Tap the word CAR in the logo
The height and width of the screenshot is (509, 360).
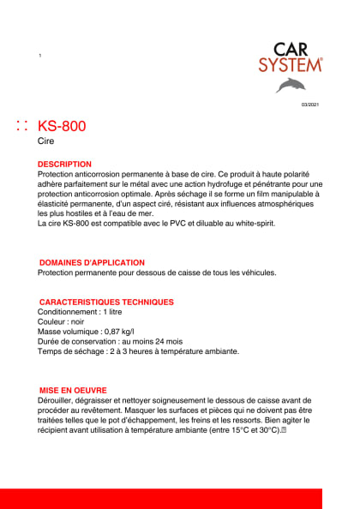(291, 49)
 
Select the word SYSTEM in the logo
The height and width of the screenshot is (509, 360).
(291, 64)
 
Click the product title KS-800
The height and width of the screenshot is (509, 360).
(62, 127)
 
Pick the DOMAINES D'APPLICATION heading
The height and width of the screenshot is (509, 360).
(93, 262)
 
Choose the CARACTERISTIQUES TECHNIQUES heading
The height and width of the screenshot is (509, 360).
(107, 302)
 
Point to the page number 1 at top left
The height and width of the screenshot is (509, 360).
(40, 56)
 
